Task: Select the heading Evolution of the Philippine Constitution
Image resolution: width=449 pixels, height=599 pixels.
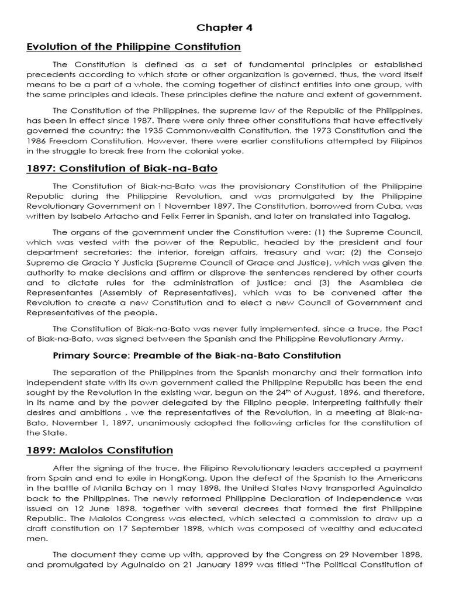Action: (125, 46)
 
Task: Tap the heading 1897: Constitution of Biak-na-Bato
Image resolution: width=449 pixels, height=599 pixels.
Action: (122, 168)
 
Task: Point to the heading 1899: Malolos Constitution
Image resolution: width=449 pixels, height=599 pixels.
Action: (99, 450)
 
